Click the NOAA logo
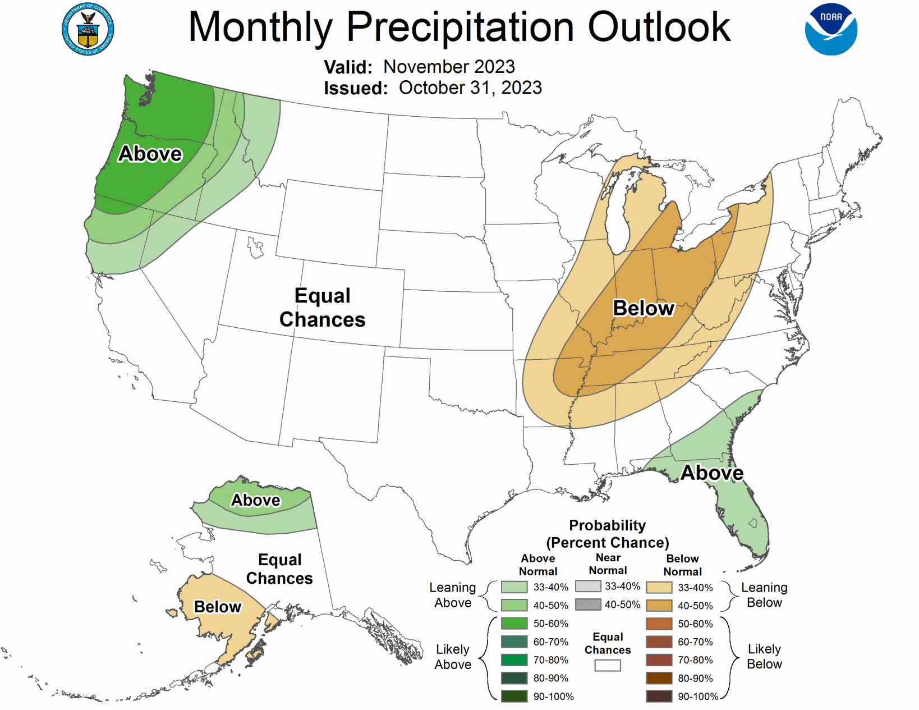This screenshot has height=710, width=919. pos(831,30)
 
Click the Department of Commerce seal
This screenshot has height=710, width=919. pos(88,30)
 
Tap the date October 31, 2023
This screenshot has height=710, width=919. pos(470,88)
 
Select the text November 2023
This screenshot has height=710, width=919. pos(449,67)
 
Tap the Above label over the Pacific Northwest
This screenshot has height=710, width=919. pos(150,154)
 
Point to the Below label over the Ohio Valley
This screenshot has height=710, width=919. pos(643,308)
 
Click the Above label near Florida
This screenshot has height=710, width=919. pos(712,473)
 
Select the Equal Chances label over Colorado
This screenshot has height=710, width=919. pos(323,308)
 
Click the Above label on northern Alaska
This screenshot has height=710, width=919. pos(256,500)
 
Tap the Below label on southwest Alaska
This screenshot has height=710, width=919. pos(217,607)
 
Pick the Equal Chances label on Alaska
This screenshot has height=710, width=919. pos(279,569)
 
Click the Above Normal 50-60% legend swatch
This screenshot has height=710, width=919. pos(514,624)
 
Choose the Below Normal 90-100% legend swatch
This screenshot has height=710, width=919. pos(659,697)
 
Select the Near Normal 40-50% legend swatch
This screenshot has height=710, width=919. pos(588,604)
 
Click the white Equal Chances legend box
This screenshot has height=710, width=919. pos(608,666)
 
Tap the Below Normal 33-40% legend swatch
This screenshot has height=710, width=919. pos(659,588)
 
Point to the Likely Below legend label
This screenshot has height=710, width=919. pos(764,657)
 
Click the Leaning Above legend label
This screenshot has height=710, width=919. pos(453,595)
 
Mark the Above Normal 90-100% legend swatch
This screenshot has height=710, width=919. pos(514,697)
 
